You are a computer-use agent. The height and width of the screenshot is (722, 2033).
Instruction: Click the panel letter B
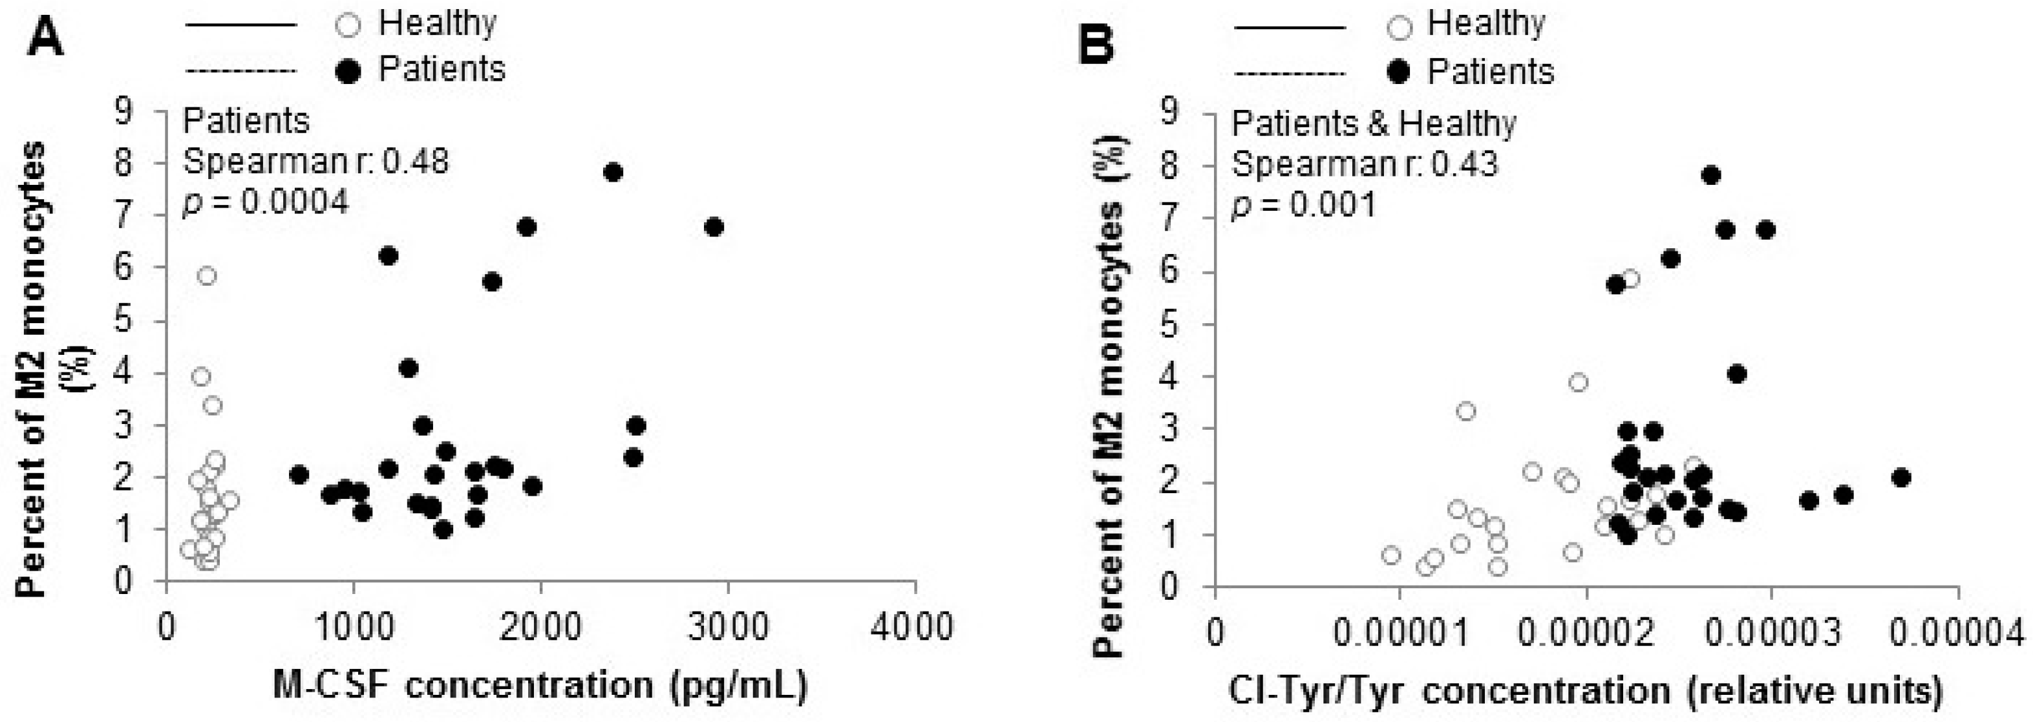pos(1096,43)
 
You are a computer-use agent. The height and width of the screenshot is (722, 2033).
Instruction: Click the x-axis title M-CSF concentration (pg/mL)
pos(540,685)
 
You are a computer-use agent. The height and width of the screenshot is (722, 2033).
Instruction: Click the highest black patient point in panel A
pos(612,172)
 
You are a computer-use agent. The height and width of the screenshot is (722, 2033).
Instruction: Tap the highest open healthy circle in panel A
pos(207,275)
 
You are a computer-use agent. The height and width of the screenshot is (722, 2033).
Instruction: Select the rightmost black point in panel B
pos(1900,478)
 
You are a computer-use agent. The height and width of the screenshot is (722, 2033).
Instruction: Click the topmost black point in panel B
pos(1711,175)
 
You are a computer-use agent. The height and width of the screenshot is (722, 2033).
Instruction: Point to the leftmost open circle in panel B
pos(1391,555)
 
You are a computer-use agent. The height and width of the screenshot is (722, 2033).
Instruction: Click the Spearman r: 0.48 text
pos(315,162)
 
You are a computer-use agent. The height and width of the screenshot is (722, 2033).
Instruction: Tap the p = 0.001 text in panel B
pos(1304,205)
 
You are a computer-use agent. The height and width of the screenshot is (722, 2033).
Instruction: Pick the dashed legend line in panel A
pos(240,72)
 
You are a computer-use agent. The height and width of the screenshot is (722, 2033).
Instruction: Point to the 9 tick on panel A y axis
pos(124,112)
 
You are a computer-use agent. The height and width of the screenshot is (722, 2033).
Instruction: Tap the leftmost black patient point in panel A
pos(298,475)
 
